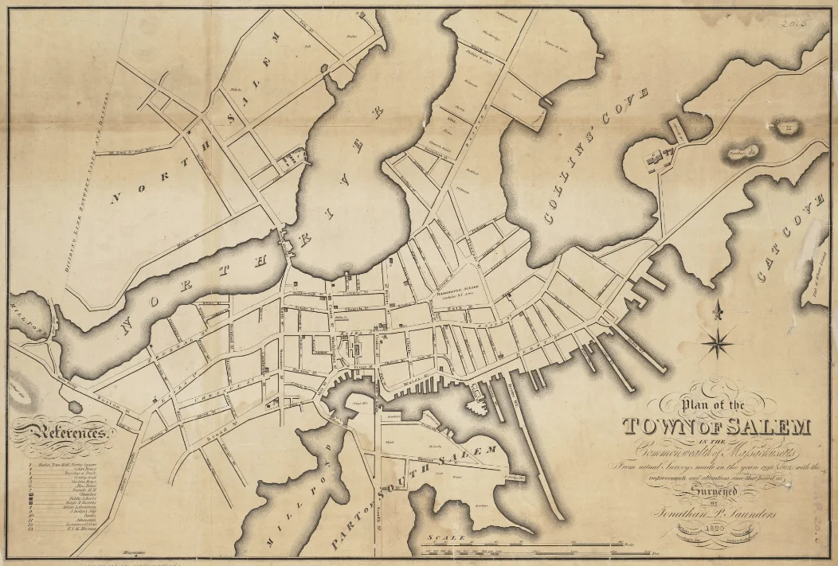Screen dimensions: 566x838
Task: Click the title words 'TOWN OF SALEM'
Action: point(716,427)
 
